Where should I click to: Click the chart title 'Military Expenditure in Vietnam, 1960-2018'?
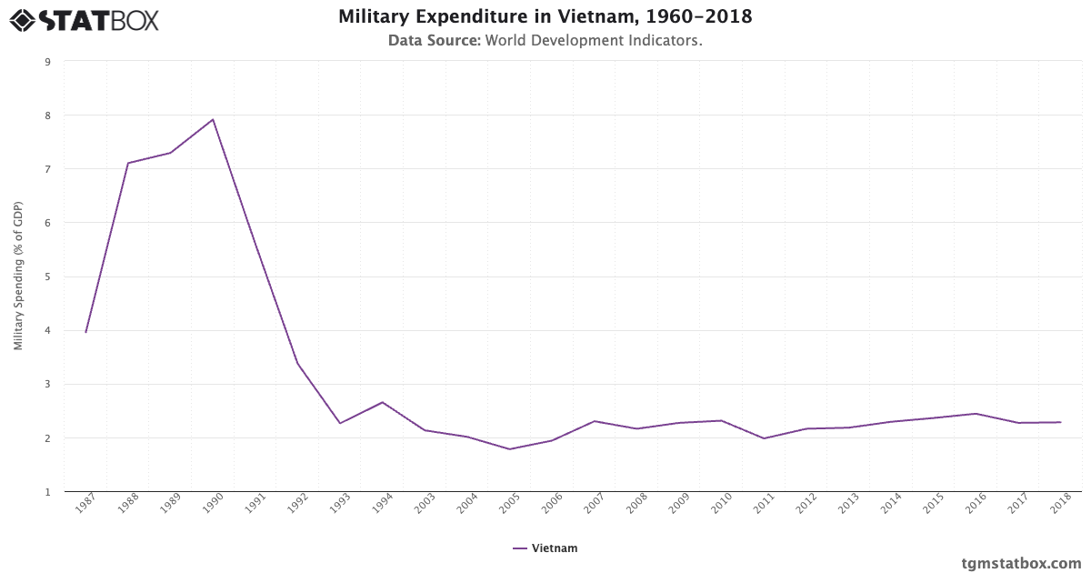545,17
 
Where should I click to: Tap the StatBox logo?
85,20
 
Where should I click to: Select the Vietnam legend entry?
545,548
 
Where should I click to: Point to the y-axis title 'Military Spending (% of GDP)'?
18,276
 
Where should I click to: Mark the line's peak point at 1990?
213,119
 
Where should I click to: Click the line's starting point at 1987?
85,332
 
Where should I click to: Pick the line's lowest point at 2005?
509,449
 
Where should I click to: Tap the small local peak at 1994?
382,402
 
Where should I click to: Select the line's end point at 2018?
1060,422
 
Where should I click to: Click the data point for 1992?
297,364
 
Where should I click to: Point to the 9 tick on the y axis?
46,62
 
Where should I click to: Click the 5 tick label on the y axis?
46,276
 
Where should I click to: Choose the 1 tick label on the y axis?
46,492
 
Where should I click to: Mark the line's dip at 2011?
764,438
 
